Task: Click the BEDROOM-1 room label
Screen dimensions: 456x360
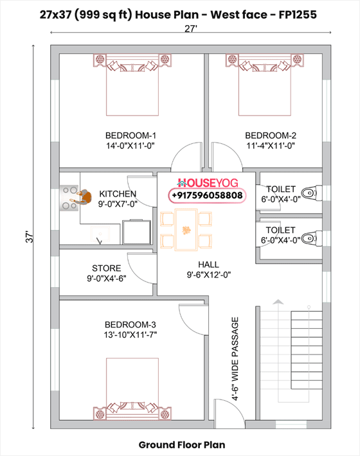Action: (x=131, y=136)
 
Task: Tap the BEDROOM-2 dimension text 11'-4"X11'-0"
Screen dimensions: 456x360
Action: (x=270, y=146)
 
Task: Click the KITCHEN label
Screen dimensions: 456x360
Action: (x=118, y=193)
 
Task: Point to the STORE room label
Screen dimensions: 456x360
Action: (x=106, y=268)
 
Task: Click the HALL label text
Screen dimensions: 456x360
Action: (x=208, y=264)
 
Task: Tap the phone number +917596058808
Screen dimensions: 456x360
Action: (x=207, y=195)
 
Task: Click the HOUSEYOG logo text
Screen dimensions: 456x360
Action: (x=207, y=182)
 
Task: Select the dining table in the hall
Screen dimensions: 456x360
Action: (x=186, y=230)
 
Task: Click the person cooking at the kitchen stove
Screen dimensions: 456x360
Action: (x=80, y=197)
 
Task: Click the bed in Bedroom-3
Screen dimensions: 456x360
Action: (x=131, y=385)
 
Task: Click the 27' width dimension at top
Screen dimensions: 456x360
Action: (x=190, y=28)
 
